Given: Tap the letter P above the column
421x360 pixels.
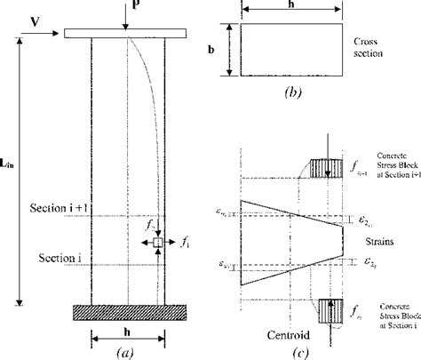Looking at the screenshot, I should [x=136, y=8].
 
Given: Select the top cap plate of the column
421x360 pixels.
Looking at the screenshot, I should [x=125, y=34].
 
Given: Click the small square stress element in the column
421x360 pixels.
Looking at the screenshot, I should [x=157, y=242].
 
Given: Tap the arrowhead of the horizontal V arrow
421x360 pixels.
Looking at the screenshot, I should [x=58, y=33].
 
